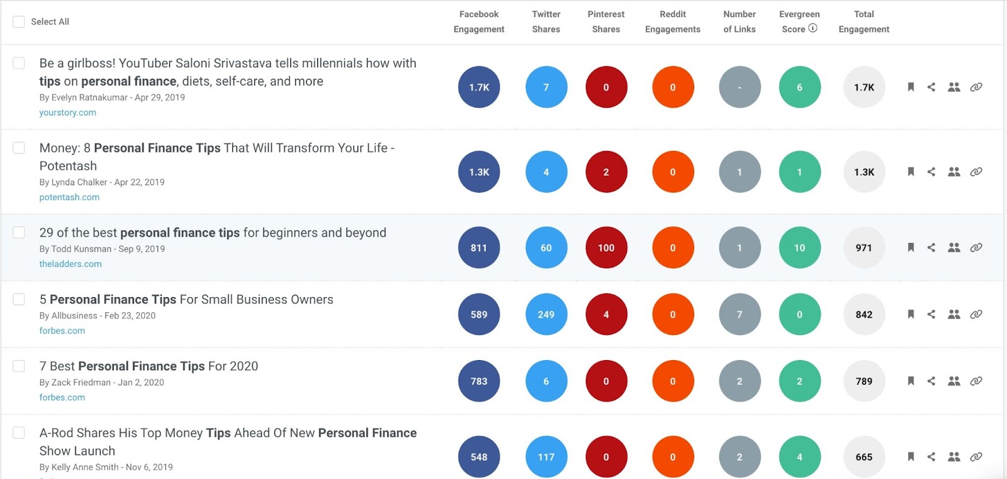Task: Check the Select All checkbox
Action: coord(19,21)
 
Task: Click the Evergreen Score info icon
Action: coord(813,28)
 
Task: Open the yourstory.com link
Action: coord(67,113)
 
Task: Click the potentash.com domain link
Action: coord(69,197)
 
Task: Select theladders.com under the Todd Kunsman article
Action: coord(70,264)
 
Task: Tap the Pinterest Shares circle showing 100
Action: coord(606,247)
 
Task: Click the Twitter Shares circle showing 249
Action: coord(546,314)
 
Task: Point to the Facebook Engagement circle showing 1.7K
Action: coord(479,87)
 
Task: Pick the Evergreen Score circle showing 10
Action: coord(799,247)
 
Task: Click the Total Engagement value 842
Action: coord(864,314)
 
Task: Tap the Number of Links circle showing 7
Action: coord(740,314)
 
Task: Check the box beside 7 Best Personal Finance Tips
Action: coord(19,366)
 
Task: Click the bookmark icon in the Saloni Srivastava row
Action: coord(911,87)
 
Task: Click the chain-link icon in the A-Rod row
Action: coord(976,456)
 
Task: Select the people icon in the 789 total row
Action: coord(954,381)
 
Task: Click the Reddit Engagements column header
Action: coord(672,21)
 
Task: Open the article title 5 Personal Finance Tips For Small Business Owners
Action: coord(186,300)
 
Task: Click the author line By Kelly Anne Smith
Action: coord(106,467)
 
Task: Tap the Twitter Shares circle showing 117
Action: coord(546,456)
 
